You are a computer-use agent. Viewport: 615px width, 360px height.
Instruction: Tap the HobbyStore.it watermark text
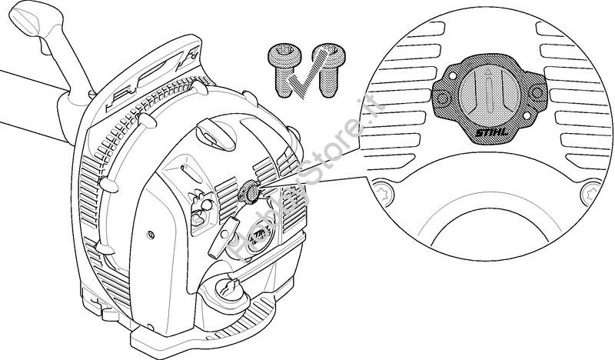[300, 185]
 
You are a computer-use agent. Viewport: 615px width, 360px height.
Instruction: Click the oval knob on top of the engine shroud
[216, 132]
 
